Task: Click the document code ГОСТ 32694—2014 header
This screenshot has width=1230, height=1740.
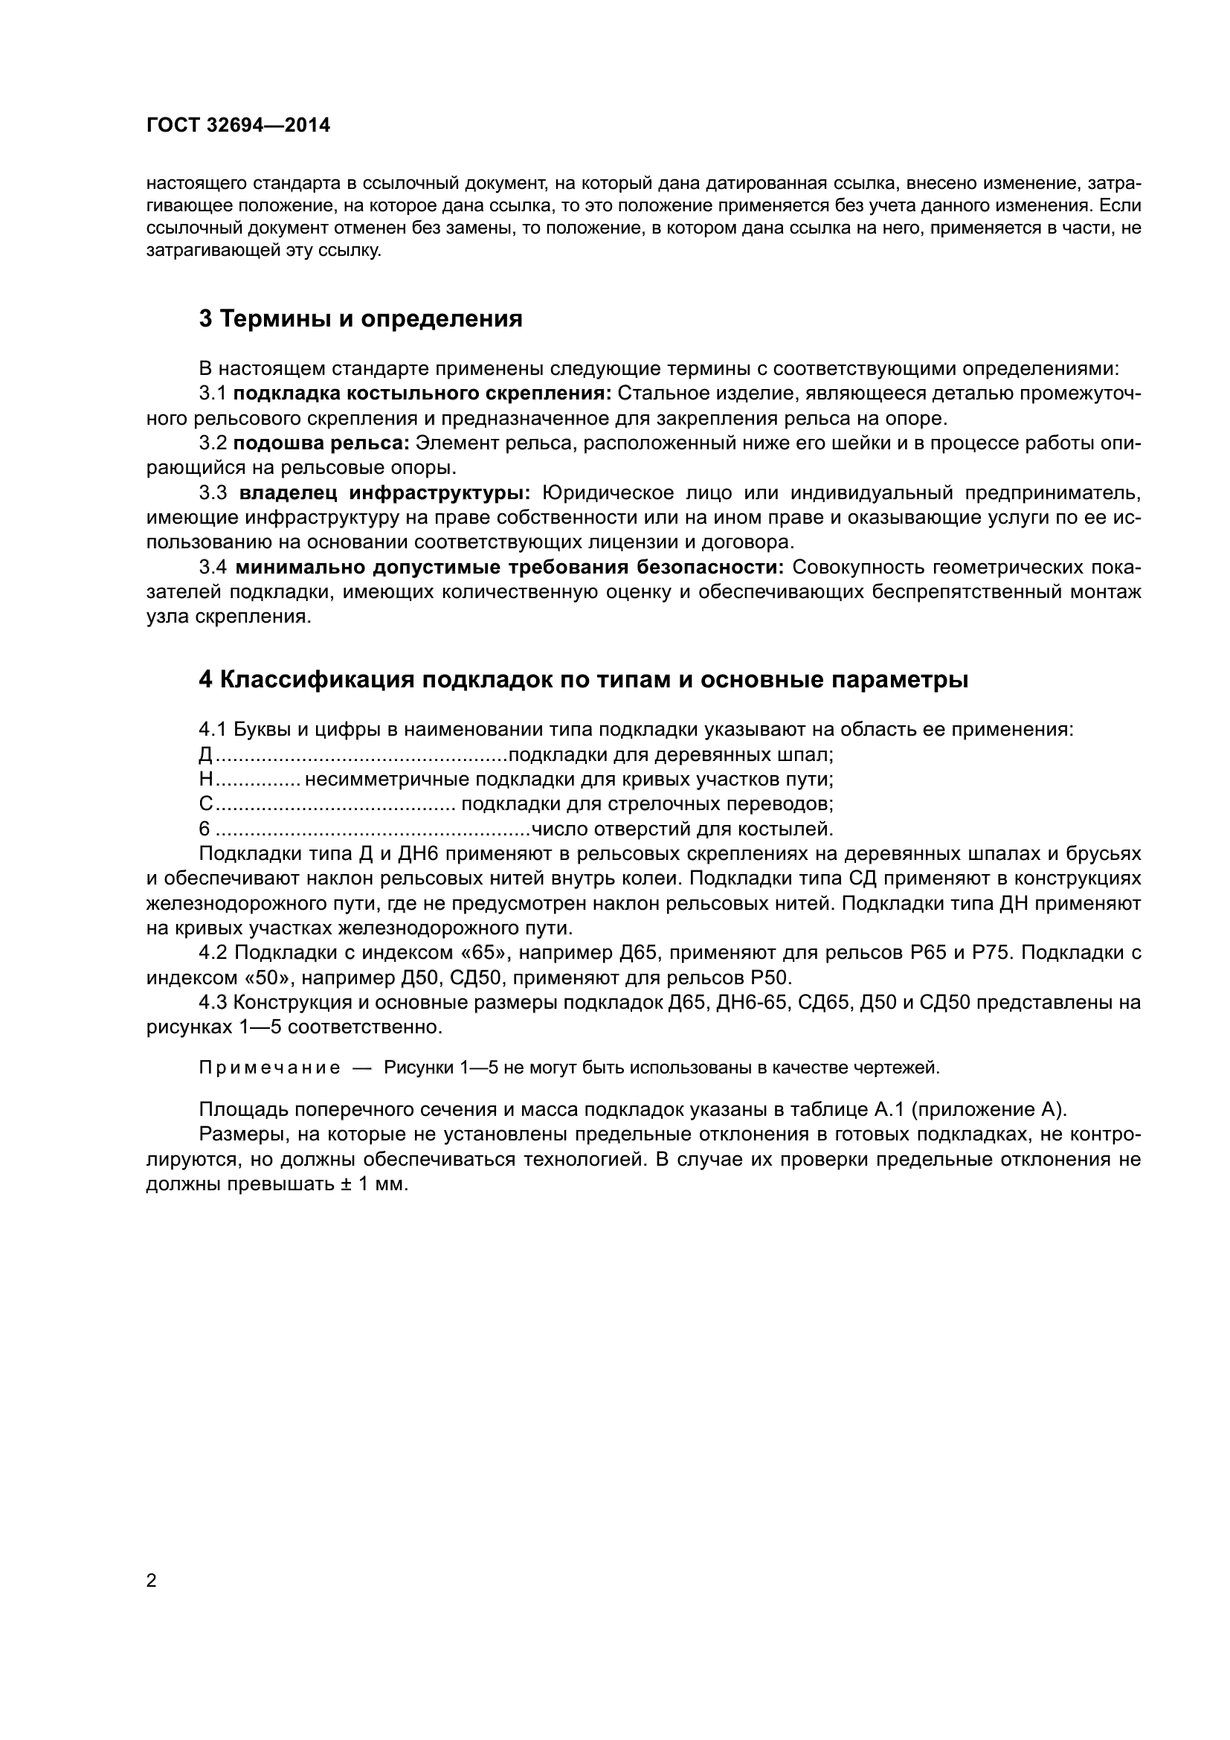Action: coord(238,126)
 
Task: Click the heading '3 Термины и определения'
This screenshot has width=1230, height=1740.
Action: coord(361,319)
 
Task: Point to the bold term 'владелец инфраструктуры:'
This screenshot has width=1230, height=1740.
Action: coord(384,493)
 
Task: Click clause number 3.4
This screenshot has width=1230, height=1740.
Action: coord(213,568)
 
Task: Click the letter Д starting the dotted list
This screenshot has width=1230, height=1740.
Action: coord(205,756)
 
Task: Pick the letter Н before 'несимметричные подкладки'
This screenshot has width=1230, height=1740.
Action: coord(205,780)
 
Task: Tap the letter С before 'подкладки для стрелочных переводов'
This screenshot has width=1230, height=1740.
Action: coord(205,804)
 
